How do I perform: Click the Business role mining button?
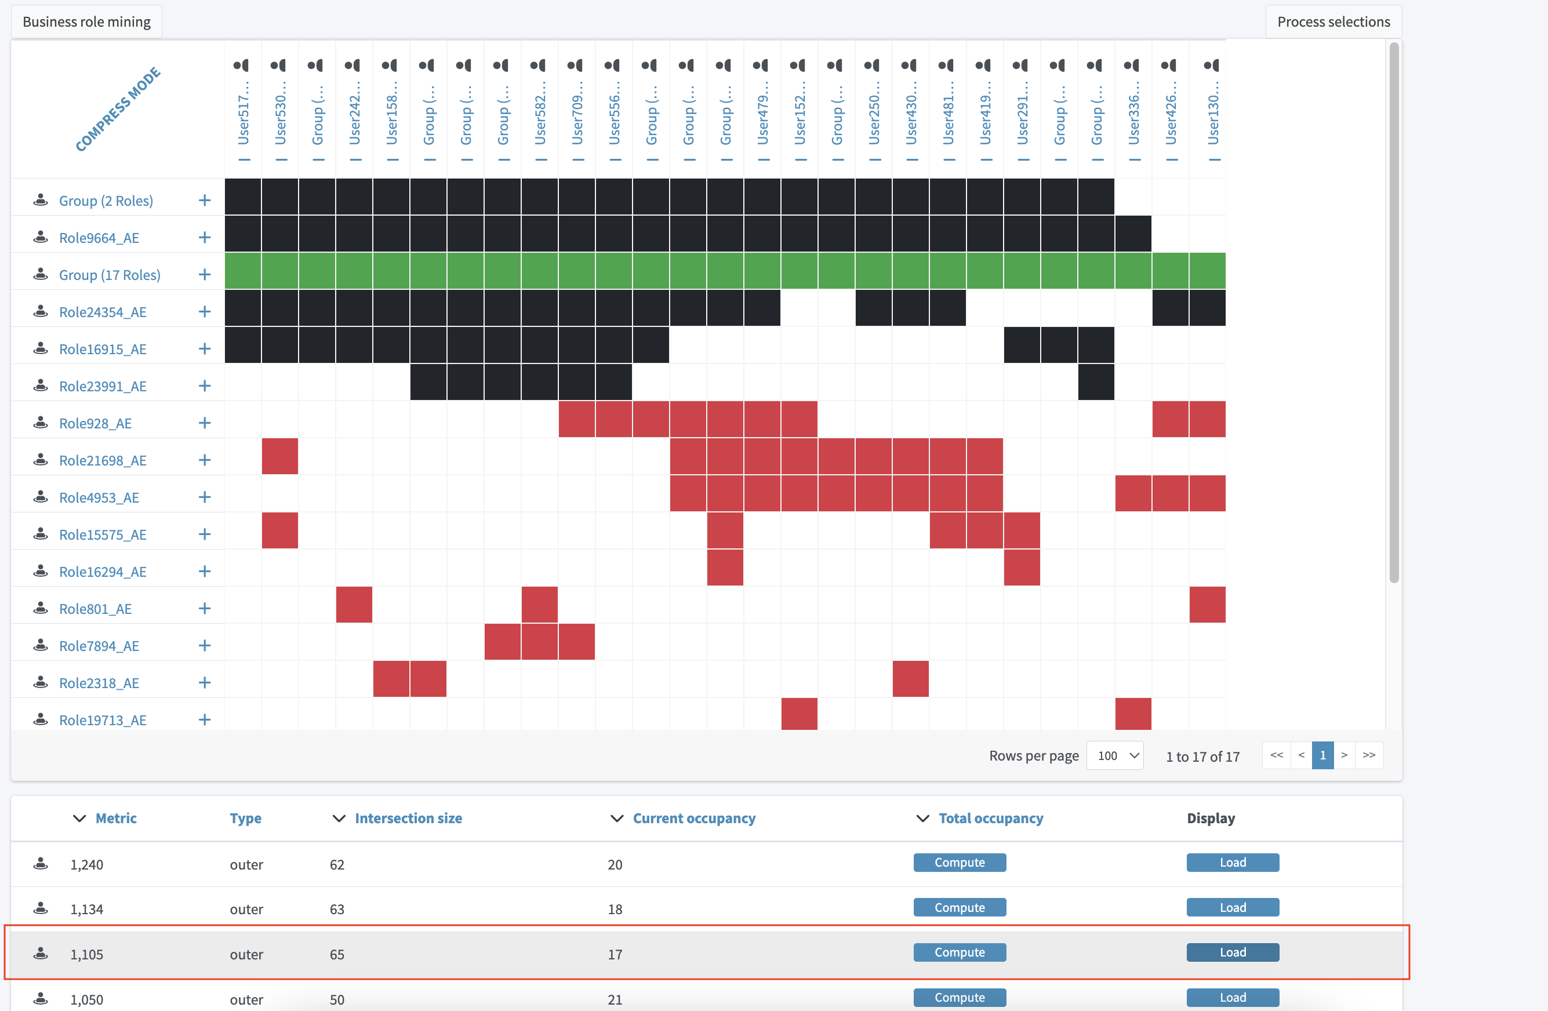tap(86, 21)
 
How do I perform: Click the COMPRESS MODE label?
tap(118, 109)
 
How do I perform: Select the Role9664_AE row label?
tap(99, 238)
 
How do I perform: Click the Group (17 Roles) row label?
tap(109, 275)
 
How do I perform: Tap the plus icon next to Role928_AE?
tap(204, 423)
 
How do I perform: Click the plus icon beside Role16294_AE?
tap(204, 572)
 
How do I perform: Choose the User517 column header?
tap(244, 111)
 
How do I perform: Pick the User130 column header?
tap(1213, 111)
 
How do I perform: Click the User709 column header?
tap(577, 111)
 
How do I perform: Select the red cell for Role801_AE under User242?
tap(354, 605)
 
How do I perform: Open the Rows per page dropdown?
tap(1115, 755)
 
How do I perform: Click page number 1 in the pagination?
tap(1322, 755)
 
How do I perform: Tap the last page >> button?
tap(1369, 755)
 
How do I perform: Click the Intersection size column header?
tap(408, 819)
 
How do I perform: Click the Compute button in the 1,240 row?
tap(960, 863)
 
